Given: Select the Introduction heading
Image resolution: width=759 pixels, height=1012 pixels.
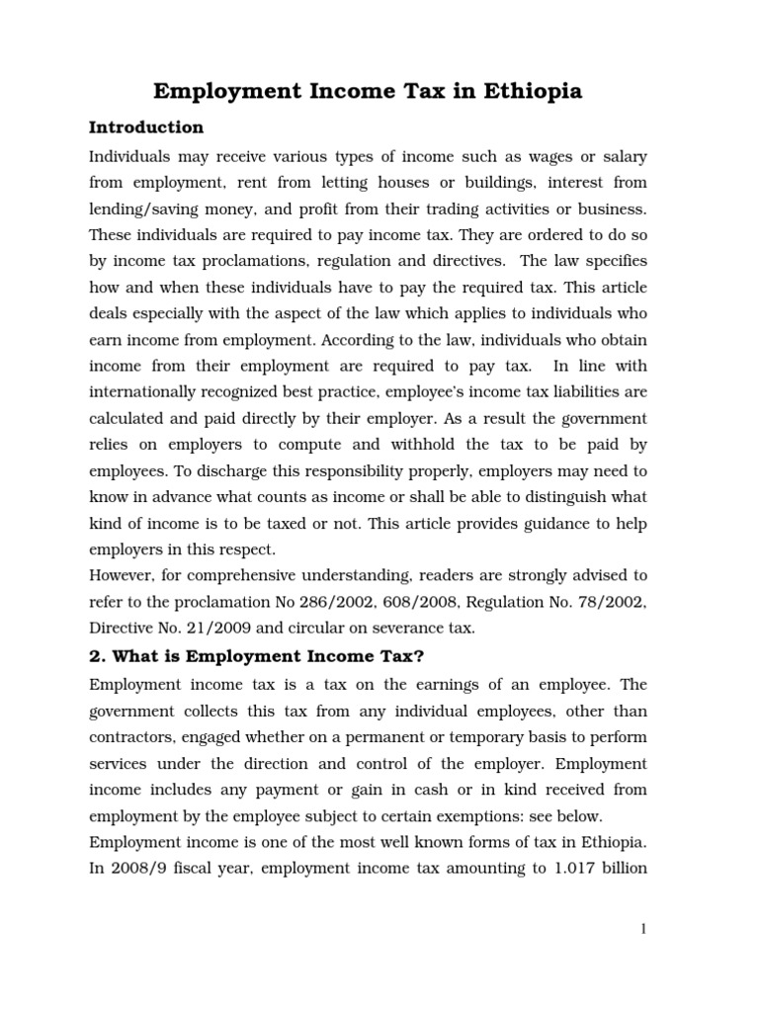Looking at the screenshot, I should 146,127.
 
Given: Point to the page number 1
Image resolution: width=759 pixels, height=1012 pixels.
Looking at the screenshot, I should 643,929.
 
